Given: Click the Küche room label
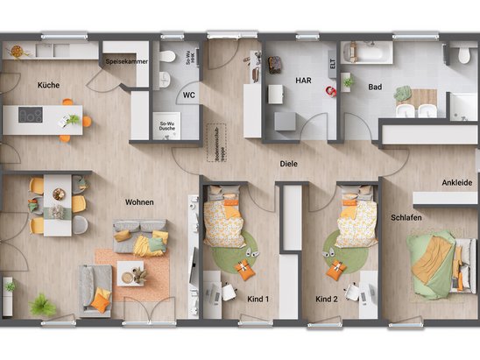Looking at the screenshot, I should pos(47,85).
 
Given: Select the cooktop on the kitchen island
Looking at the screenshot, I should pos(31,115).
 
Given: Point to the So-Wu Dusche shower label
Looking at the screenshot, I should pos(166,125).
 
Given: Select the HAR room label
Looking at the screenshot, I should pos(303,80).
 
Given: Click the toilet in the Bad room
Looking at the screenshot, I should pos(464,55).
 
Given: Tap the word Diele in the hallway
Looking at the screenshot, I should pos(288,163).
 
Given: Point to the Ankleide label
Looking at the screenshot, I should pos(455,182).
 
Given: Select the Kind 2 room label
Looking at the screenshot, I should pos(327,299).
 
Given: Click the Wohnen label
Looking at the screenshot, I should pos(139,202).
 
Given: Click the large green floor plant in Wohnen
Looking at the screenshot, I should pos(42,305).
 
